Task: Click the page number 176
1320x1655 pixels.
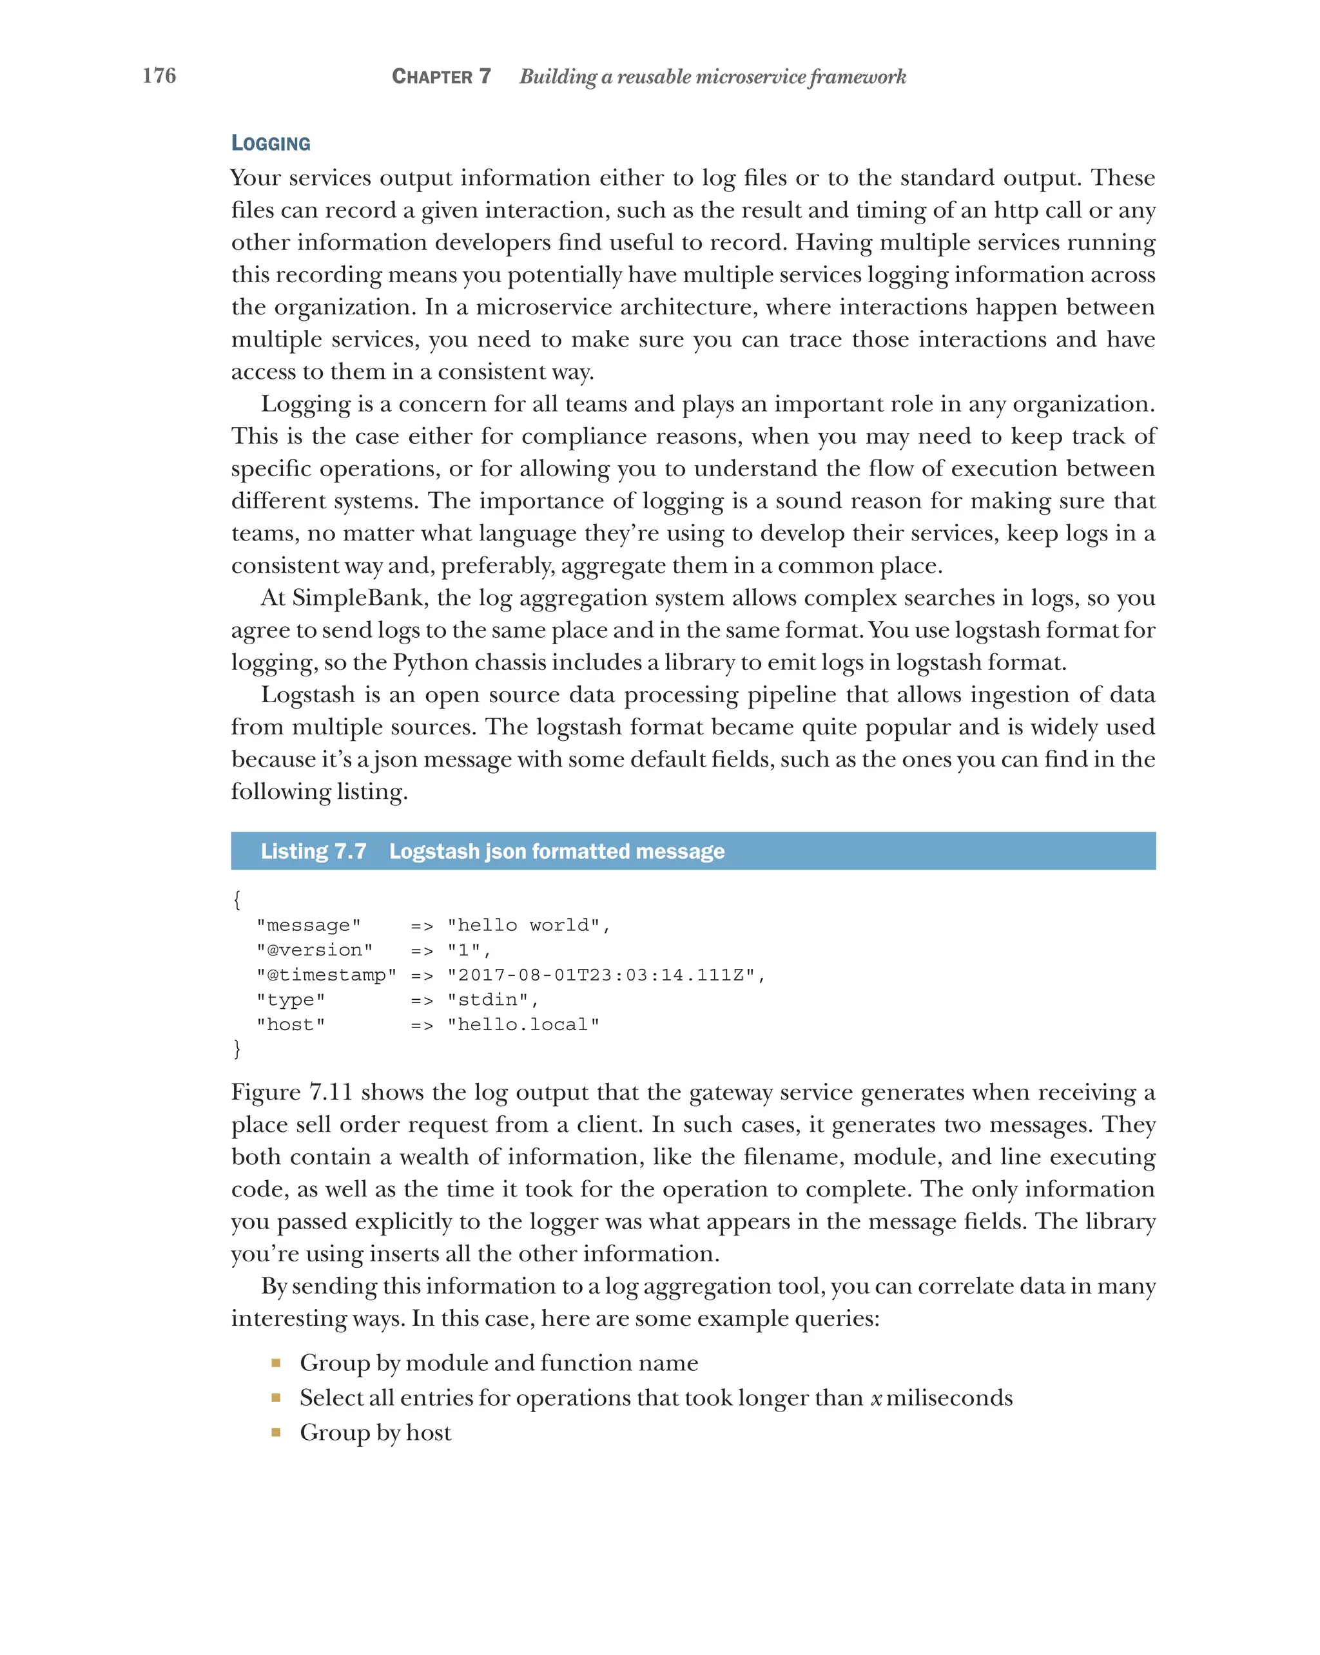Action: pos(159,75)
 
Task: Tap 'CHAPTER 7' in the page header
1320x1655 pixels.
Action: pos(441,77)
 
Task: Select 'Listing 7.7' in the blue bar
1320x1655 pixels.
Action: pos(313,851)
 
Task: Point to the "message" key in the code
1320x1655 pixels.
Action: pos(308,925)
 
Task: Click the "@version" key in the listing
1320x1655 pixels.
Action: pos(314,950)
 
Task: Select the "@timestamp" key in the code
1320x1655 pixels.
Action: pos(326,975)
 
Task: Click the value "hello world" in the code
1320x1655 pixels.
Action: pos(523,925)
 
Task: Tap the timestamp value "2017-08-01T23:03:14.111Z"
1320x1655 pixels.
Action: pos(601,975)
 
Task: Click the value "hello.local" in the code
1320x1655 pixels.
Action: pos(523,1025)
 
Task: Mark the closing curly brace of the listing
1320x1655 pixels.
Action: pos(237,1049)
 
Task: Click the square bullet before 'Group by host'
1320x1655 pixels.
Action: pos(276,1432)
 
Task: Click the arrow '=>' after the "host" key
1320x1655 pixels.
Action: pos(422,1025)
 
